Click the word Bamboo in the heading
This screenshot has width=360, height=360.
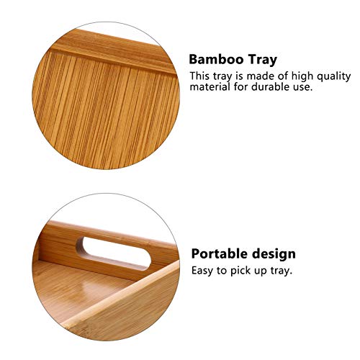[x=215, y=59]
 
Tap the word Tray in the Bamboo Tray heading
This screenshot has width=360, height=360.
[x=261, y=59]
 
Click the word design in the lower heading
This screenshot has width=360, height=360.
[x=271, y=253]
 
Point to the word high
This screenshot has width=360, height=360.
[x=302, y=76]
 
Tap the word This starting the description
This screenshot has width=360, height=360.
[x=201, y=76]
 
